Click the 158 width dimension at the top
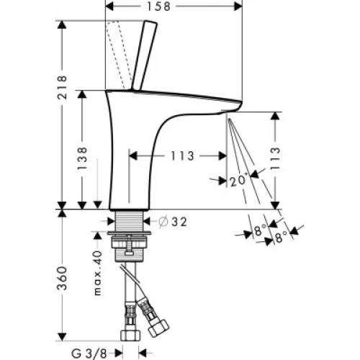point(158,6)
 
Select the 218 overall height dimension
point(62,87)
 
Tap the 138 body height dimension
point(82,158)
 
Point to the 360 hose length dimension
point(62,278)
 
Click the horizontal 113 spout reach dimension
point(182,156)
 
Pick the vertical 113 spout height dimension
point(275,158)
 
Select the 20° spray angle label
point(238,181)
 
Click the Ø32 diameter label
point(173,222)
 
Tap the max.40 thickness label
point(98,273)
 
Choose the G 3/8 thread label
point(89,354)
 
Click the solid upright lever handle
point(144,55)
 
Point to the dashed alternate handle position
point(119,55)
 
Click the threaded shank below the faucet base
point(130,221)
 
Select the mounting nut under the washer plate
point(130,242)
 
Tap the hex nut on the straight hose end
point(130,336)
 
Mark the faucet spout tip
point(240,104)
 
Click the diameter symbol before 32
point(163,222)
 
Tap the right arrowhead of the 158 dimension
point(238,6)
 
